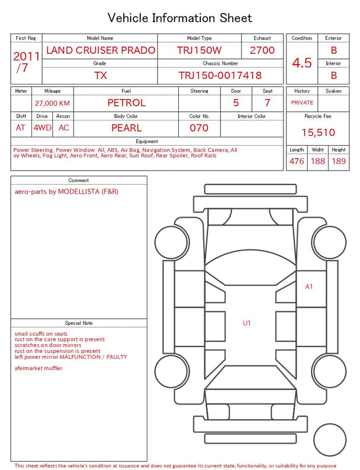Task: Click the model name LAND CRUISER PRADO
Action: [x=101, y=50]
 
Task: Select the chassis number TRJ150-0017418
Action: [x=220, y=75]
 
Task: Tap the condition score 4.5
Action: [x=302, y=62]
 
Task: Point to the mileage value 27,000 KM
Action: [x=52, y=103]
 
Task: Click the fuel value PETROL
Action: [x=127, y=103]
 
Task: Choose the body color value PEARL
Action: [x=127, y=128]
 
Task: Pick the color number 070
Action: [x=199, y=128]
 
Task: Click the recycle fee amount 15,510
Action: [x=318, y=132]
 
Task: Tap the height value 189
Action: [x=339, y=161]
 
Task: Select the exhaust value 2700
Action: [x=262, y=50]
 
